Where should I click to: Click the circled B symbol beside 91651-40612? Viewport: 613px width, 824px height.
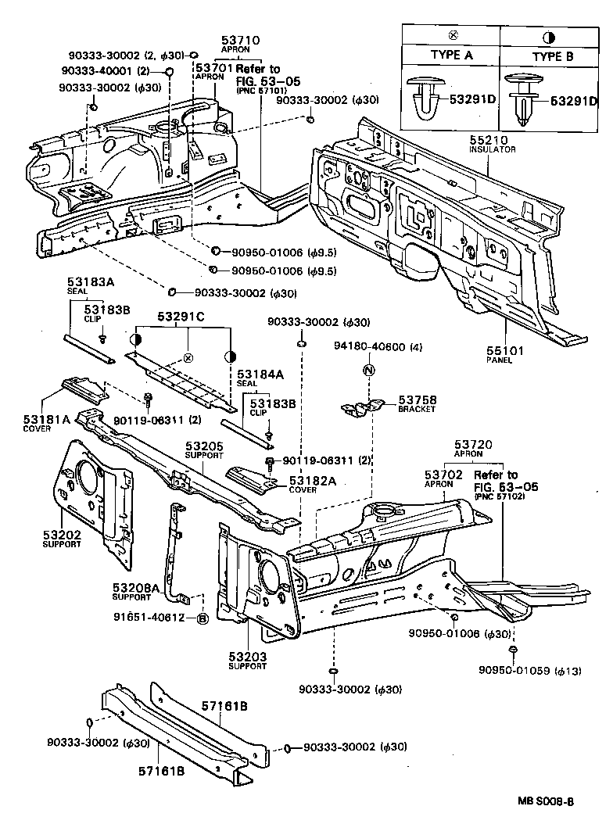[202, 618]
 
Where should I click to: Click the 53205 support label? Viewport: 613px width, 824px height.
[204, 446]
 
